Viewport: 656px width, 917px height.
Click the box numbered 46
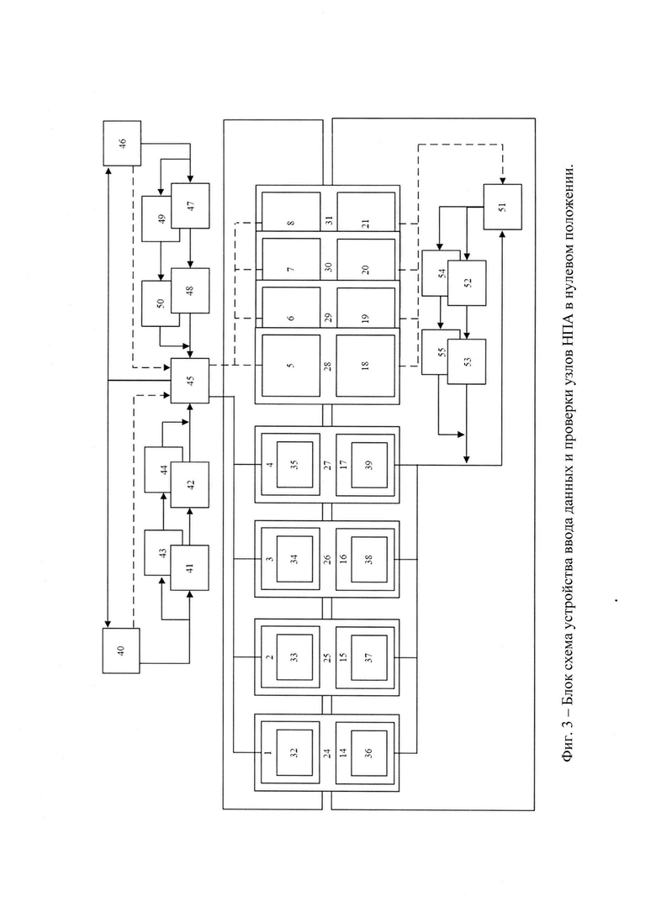pos(122,143)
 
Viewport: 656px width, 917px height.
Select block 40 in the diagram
pos(121,651)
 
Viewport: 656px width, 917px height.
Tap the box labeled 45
pos(190,381)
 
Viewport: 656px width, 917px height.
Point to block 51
pos(503,207)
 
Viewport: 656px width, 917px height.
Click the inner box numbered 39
pos(368,466)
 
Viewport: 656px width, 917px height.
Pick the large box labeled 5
pos(291,366)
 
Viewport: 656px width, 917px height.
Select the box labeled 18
pos(366,366)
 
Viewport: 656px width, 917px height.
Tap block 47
pos(190,206)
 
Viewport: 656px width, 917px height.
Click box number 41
pos(189,568)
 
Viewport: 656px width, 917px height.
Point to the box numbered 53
pos(467,361)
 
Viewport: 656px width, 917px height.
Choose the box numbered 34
pos(294,558)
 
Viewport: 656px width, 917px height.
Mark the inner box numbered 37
pos(368,657)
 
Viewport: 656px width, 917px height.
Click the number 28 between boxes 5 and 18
pos(328,366)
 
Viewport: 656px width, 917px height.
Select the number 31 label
pos(328,221)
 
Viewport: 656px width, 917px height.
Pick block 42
pos(189,484)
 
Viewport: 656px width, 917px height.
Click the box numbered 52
pos(467,282)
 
